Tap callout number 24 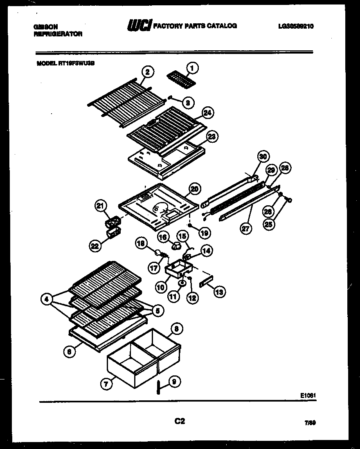(208, 112)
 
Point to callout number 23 (212, 137)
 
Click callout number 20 (195, 189)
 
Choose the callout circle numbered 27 (245, 229)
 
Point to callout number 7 (107, 384)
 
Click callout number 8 (176, 328)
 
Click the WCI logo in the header (139, 26)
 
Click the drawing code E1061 (308, 395)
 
